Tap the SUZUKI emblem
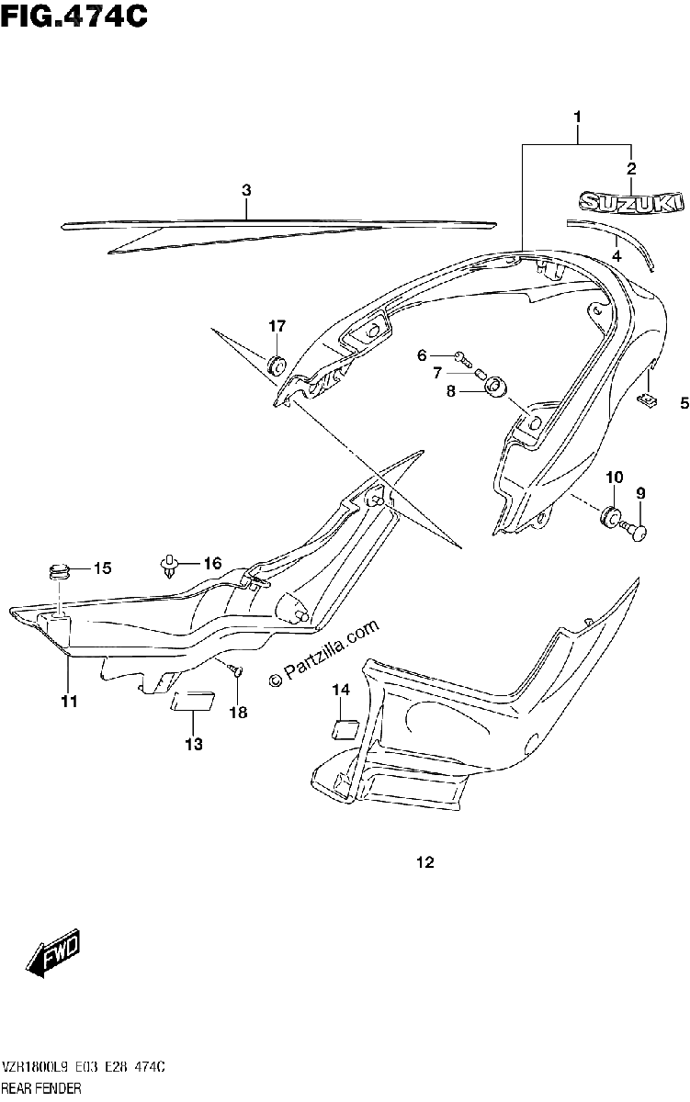coord(631,202)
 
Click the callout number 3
coord(246,190)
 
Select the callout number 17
coord(277,326)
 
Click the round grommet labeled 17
coord(276,365)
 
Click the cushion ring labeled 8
coord(494,387)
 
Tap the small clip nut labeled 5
coord(647,400)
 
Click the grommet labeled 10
coord(611,515)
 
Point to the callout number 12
coord(425,862)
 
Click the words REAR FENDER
coord(40,1086)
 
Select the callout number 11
coord(70,702)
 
